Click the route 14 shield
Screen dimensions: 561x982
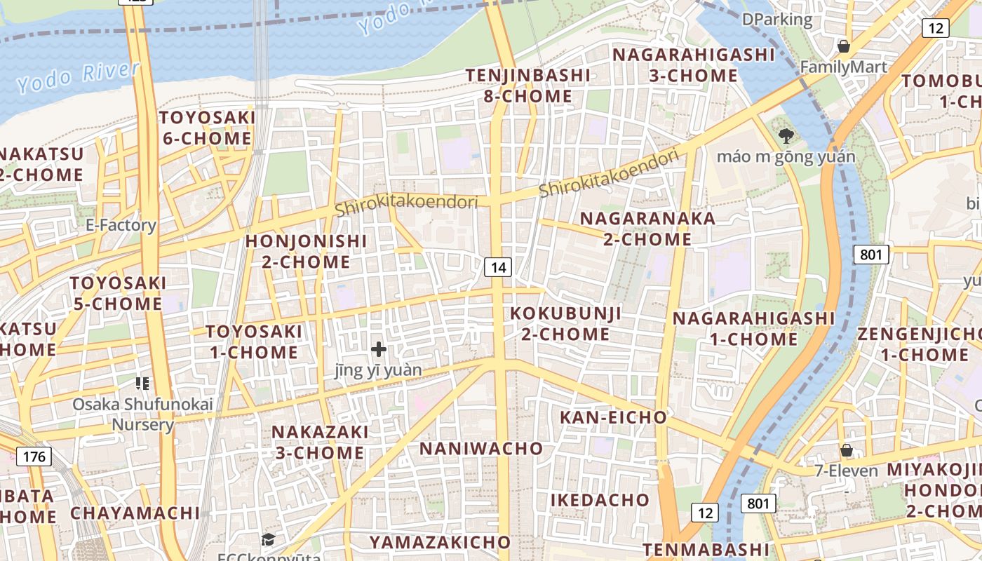pyautogui.click(x=498, y=267)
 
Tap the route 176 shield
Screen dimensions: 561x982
pyautogui.click(x=34, y=457)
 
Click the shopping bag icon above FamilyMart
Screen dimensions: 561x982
pyautogui.click(x=843, y=46)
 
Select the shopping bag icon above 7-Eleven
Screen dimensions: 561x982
pyautogui.click(x=847, y=450)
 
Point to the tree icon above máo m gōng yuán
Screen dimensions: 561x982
pyautogui.click(x=786, y=135)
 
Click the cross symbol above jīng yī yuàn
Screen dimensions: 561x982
pyautogui.click(x=379, y=349)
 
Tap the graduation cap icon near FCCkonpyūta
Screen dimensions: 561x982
pyautogui.click(x=268, y=539)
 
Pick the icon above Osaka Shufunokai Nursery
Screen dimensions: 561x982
pyautogui.click(x=142, y=383)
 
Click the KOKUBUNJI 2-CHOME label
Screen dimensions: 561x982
pyautogui.click(x=565, y=323)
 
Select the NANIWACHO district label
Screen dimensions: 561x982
pyautogui.click(x=481, y=448)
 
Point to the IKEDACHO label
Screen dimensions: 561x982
pyautogui.click(x=600, y=500)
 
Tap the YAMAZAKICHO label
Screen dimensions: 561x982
pyautogui.click(x=440, y=542)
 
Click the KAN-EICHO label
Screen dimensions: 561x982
pyautogui.click(x=613, y=417)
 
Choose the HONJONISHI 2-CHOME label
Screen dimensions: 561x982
pyautogui.click(x=306, y=251)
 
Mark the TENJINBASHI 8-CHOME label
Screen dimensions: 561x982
pyautogui.click(x=528, y=85)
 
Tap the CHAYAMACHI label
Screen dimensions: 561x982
pyautogui.click(x=135, y=513)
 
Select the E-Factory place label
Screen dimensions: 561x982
pyautogui.click(x=121, y=225)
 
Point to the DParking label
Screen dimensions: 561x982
pyautogui.click(x=777, y=20)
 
